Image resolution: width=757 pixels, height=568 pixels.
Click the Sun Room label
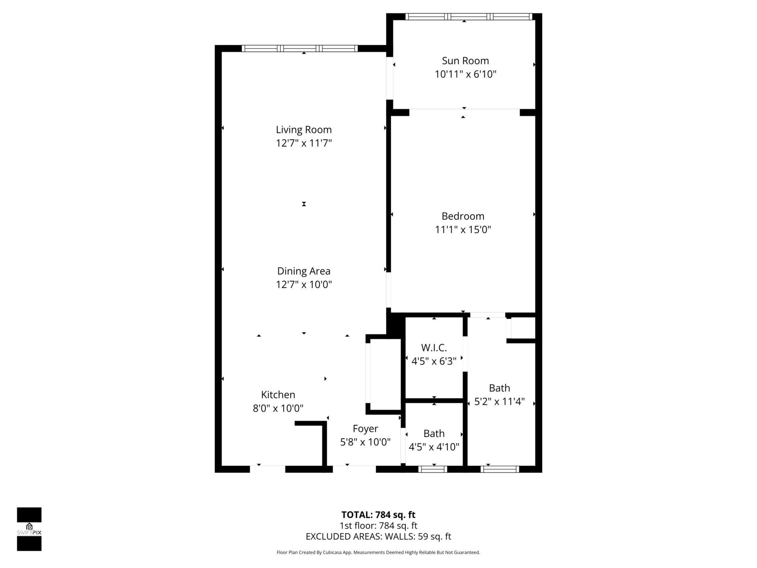(465, 61)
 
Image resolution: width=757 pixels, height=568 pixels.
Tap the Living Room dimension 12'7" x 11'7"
(304, 143)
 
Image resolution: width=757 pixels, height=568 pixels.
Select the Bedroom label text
(463, 216)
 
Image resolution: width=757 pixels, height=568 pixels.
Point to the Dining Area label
(304, 271)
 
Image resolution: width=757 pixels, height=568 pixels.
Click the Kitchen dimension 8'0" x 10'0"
(278, 408)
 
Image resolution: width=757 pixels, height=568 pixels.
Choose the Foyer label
(365, 428)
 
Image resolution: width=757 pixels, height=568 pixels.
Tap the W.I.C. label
(434, 348)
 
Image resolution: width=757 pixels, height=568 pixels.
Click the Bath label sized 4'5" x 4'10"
(434, 433)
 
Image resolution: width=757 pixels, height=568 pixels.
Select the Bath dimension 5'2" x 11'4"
(499, 402)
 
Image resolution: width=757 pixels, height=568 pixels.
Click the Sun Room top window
(468, 17)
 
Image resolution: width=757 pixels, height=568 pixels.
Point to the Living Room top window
(300, 49)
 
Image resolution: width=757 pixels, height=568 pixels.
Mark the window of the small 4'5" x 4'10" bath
(433, 469)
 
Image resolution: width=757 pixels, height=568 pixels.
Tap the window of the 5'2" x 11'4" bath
(500, 469)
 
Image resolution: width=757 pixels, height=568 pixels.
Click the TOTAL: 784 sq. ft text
(378, 515)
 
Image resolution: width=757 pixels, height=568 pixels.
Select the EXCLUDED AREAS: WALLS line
(378, 536)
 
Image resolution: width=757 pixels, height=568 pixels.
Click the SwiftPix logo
(29, 529)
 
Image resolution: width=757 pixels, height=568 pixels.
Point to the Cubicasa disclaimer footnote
(378, 553)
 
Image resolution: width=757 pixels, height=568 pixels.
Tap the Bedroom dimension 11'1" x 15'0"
(463, 230)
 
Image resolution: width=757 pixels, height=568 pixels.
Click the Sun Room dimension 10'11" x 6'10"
(465, 74)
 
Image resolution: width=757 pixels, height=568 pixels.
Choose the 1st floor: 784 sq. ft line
(378, 525)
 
